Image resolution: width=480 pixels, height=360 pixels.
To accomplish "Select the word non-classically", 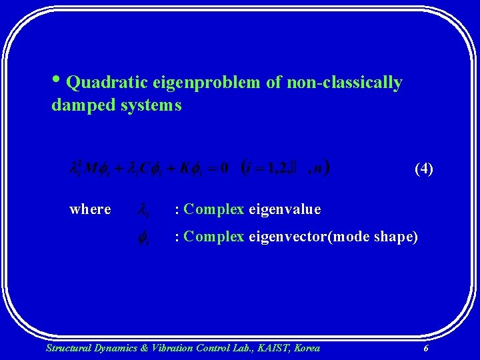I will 344,83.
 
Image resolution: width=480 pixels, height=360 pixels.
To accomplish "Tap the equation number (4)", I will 423,168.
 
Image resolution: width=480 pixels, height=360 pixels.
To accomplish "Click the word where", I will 90,209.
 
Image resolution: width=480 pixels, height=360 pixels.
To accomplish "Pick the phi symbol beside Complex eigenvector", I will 143,237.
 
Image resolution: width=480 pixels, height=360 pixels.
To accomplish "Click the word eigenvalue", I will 285,209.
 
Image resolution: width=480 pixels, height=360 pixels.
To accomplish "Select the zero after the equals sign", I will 223,167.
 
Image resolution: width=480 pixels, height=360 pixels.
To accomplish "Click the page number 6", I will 425,348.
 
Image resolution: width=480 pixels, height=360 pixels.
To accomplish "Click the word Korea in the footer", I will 306,347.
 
